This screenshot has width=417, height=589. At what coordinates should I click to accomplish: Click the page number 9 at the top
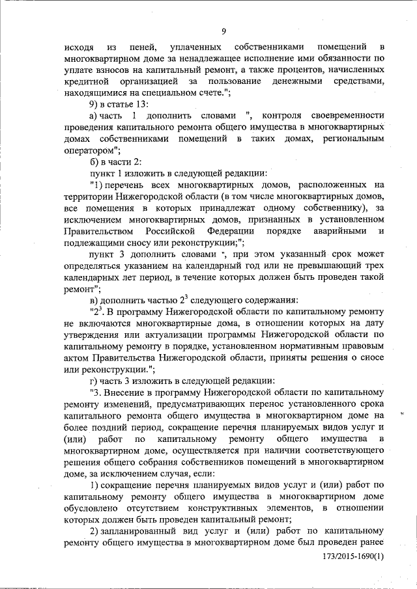223,31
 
